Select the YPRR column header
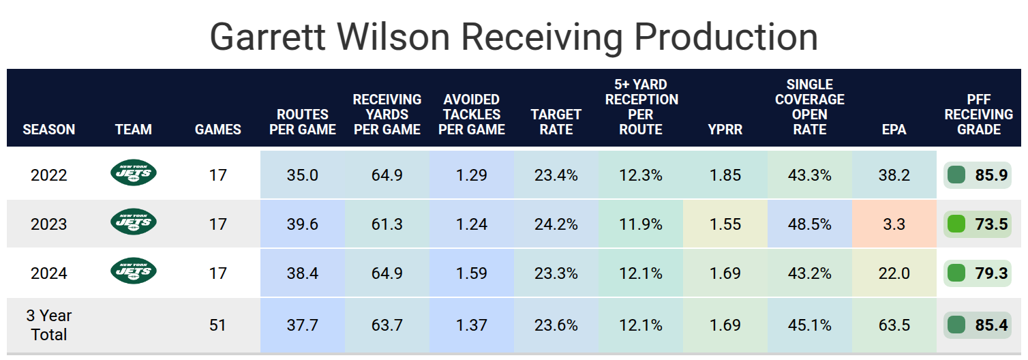(725, 129)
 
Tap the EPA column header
(894, 129)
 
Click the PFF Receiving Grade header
(978, 115)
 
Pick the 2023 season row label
(49, 224)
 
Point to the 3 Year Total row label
(49, 325)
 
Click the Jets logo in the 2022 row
(134, 175)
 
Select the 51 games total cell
(217, 325)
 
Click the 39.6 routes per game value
(303, 224)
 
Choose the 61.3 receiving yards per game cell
(387, 224)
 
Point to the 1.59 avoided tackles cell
(471, 273)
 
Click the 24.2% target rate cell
(556, 224)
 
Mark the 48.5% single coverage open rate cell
(809, 224)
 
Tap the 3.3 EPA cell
(894, 224)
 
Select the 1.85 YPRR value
(725, 175)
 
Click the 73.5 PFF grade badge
(978, 224)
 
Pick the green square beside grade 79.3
(956, 273)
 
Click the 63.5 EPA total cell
(894, 325)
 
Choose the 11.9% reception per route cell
(640, 224)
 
